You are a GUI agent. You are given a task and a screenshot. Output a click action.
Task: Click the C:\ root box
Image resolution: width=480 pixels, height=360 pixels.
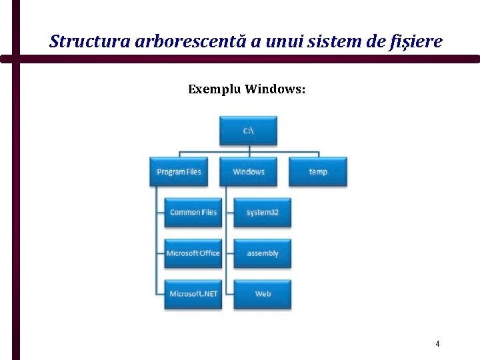pyautogui.click(x=248, y=131)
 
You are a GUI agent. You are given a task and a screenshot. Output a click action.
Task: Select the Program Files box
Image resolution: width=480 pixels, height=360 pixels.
pyautogui.click(x=179, y=172)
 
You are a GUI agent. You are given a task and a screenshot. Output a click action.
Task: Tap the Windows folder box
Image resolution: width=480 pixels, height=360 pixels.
pyautogui.click(x=249, y=172)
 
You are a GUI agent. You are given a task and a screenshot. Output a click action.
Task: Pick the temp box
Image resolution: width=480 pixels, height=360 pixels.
pyautogui.click(x=318, y=172)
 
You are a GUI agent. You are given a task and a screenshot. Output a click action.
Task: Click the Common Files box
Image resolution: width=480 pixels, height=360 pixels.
pyautogui.click(x=193, y=213)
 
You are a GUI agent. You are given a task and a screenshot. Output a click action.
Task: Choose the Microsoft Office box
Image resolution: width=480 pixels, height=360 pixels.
pyautogui.click(x=193, y=253)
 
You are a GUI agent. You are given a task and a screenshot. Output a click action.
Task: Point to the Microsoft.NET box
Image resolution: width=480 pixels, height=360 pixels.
pyautogui.click(x=193, y=294)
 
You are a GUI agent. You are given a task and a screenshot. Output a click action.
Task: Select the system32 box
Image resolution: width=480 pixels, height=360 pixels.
pyautogui.click(x=263, y=213)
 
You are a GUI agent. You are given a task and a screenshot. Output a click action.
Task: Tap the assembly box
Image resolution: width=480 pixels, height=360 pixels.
pyautogui.click(x=263, y=253)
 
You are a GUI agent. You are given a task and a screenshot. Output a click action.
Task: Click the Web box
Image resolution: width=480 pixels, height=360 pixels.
pyautogui.click(x=263, y=294)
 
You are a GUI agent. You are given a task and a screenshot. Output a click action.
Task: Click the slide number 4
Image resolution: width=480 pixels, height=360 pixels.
pyautogui.click(x=437, y=344)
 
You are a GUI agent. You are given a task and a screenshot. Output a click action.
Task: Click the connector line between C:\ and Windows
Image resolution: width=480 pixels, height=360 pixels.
pyautogui.click(x=248, y=151)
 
